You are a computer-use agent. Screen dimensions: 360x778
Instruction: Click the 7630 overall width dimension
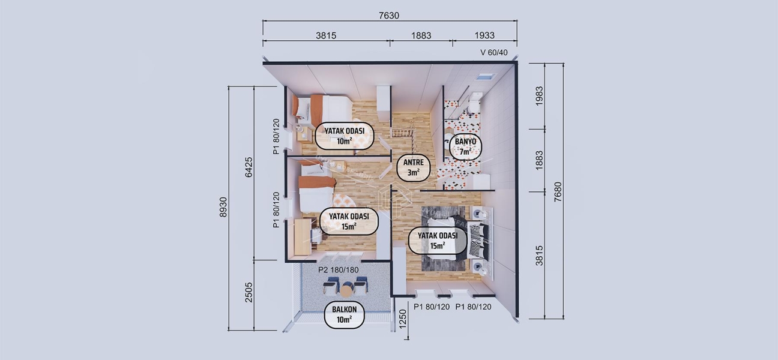[389, 16]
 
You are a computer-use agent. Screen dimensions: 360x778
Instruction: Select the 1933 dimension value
[484, 35]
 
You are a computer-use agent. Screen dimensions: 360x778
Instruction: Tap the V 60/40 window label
[494, 52]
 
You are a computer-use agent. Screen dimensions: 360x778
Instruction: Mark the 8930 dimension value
[223, 206]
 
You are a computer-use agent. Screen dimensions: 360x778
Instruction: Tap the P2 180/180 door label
[338, 270]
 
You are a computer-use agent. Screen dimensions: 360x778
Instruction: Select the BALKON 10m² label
[345, 314]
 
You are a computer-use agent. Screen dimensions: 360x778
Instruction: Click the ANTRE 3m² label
[414, 167]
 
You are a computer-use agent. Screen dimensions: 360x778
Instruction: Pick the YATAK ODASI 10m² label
[345, 135]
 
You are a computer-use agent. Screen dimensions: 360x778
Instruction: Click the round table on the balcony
[346, 290]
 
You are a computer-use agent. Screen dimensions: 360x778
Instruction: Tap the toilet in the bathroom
[474, 104]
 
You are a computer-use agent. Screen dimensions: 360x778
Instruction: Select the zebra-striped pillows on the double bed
[478, 241]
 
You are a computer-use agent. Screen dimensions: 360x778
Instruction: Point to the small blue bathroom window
[485, 77]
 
